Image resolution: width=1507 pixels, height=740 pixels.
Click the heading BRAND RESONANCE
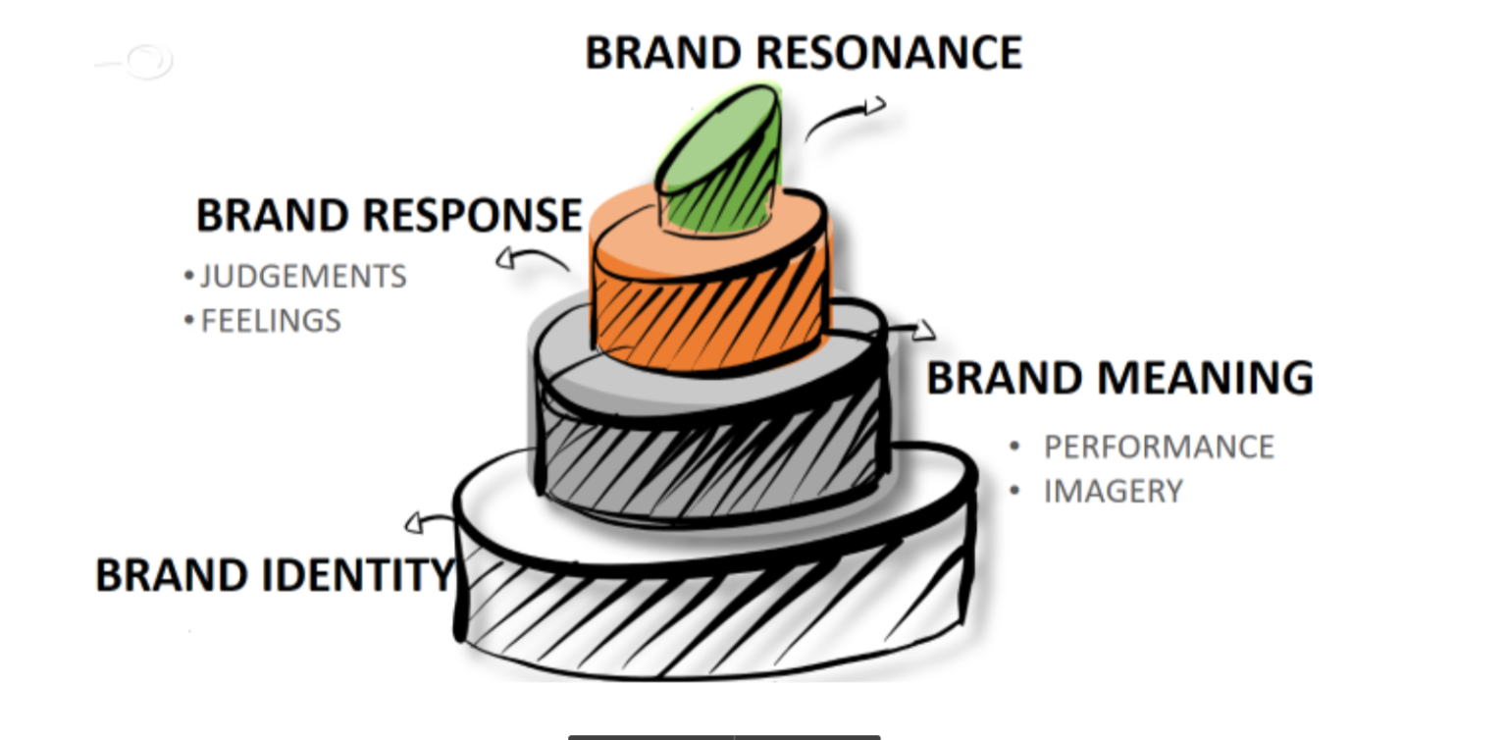[803, 53]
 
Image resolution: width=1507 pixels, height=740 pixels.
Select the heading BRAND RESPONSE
[389, 215]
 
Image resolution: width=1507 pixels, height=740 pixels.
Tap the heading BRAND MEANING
[1119, 378]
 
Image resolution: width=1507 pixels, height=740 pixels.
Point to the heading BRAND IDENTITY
[275, 575]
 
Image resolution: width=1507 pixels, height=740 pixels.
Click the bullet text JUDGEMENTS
[302, 277]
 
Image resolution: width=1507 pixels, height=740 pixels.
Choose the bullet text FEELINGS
[271, 321]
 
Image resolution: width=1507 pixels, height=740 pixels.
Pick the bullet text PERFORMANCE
[1158, 447]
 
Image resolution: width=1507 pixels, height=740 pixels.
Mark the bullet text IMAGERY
[1113, 491]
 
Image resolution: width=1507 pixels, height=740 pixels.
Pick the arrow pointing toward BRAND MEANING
[908, 331]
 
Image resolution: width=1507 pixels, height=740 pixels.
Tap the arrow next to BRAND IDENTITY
[430, 522]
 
